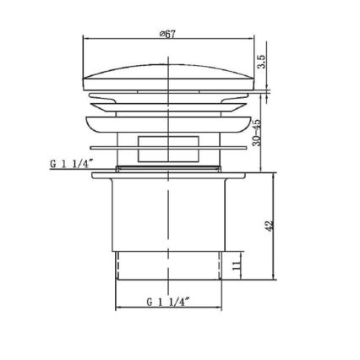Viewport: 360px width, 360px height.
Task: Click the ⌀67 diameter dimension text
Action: [167, 34]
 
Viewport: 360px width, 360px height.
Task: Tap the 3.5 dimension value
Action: [261, 63]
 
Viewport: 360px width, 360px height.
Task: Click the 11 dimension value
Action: [237, 265]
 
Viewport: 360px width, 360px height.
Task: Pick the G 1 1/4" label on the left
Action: [71, 164]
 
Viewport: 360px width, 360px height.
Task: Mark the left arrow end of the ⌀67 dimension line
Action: [85, 39]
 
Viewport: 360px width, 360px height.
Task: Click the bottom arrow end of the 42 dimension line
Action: [275, 279]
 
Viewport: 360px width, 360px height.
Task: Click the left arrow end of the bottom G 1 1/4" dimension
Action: [116, 308]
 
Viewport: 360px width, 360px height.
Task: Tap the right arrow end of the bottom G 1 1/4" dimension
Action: [221, 308]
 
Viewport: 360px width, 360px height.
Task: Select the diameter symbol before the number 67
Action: [161, 34]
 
